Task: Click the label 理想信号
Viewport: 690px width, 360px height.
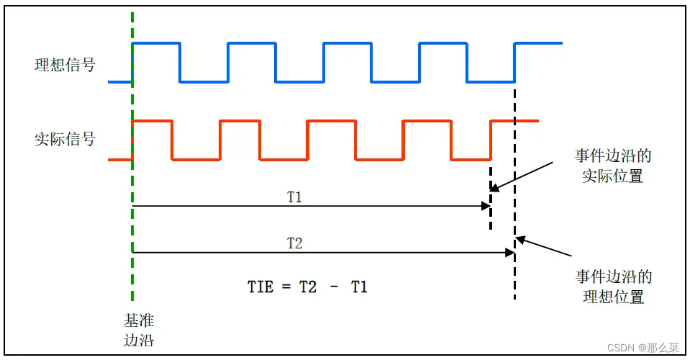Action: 65,66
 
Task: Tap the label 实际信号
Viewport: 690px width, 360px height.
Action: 65,138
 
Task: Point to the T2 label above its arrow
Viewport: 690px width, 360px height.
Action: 294,243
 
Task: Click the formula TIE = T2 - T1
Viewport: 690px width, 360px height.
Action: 308,287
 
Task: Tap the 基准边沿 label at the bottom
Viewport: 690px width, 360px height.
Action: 139,329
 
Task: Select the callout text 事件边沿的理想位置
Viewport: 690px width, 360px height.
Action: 614,287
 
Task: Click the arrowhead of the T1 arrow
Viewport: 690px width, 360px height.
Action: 486,206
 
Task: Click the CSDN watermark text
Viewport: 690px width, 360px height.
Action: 637,347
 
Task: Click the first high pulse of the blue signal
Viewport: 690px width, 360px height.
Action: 156,44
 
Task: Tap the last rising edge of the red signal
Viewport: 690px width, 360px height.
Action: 491,140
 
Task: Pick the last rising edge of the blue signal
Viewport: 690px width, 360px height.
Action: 514,62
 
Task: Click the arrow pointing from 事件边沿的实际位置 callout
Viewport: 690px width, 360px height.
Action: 522,175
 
